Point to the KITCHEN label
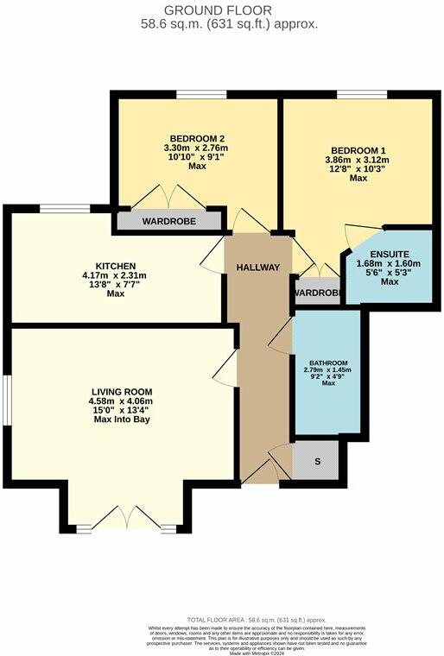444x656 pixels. [116, 265]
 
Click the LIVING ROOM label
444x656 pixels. [122, 390]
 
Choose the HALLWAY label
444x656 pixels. [258, 268]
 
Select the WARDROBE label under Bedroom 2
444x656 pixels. [169, 222]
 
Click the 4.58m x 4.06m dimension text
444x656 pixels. [122, 401]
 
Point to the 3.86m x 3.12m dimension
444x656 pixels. [356, 160]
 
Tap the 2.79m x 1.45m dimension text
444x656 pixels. [328, 370]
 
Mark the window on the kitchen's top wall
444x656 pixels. [65, 207]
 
